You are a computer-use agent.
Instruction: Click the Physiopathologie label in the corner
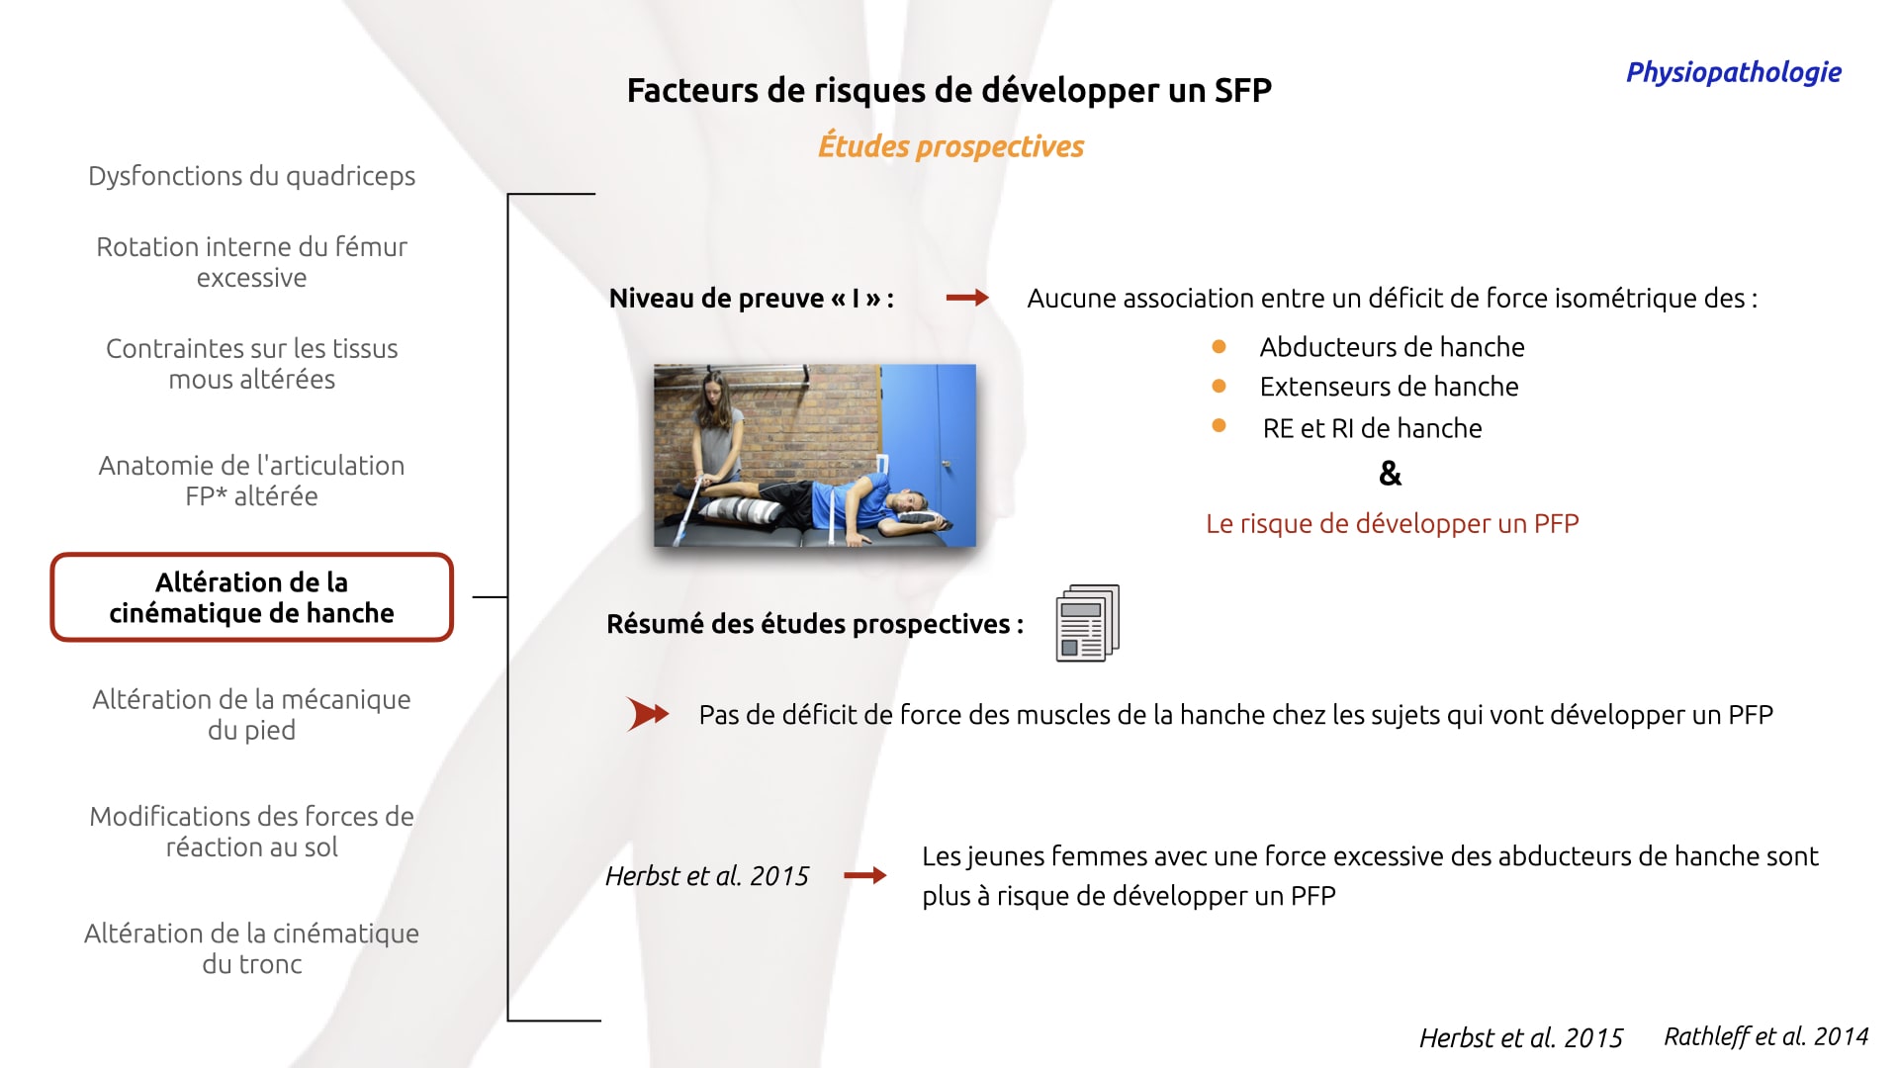pos(1733,72)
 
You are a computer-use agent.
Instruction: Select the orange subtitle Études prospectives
pos(950,146)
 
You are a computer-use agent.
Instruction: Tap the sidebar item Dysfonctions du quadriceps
pos(251,176)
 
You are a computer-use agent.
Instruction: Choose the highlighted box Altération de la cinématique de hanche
pos(251,597)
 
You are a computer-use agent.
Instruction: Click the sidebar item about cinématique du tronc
pos(251,948)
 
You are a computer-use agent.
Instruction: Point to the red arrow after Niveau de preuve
pos(967,298)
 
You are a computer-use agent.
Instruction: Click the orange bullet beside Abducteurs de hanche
pos(1219,347)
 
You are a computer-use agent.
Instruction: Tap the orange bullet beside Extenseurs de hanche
pos(1219,387)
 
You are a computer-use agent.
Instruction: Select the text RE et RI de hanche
pos(1372,428)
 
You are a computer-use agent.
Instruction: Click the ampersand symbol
pos(1390,474)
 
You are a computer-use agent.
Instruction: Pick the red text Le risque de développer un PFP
pos(1392,523)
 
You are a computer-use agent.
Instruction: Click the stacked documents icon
pos(1088,623)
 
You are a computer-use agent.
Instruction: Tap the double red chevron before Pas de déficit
pos(648,714)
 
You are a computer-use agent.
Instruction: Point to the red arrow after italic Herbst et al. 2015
pos(864,875)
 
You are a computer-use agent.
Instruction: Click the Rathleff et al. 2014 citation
pos(1765,1036)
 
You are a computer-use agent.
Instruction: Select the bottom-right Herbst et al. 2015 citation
pos(1520,1037)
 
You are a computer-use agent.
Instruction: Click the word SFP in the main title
pos(1242,90)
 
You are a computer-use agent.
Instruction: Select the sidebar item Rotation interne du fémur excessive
pos(251,262)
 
